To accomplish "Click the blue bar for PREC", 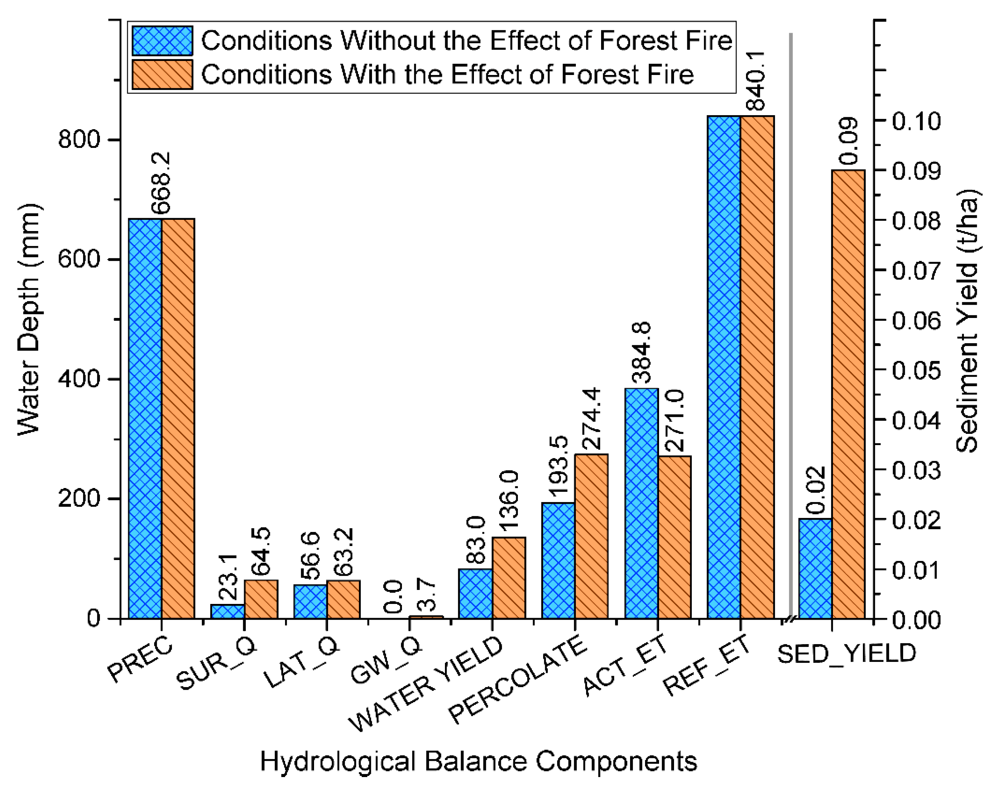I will (x=145, y=419).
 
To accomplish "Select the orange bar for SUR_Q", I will (x=261, y=599).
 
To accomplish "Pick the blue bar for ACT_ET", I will (x=641, y=503).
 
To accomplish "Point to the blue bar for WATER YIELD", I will (x=475, y=594).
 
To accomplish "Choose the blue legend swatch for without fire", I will (x=162, y=41).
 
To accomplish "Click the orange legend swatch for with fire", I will (x=162, y=74).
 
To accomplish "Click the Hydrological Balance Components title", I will (x=478, y=761).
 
